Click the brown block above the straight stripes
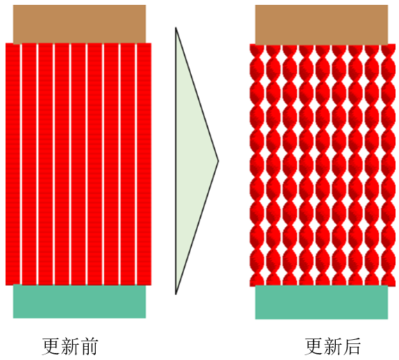[79, 24]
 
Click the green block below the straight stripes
[79, 301]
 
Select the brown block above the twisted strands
[322, 25]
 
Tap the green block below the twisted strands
[322, 302]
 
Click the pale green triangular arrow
[189, 161]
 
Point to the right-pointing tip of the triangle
[218, 161]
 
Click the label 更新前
[70, 346]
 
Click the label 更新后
[333, 346]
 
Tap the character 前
[89, 346]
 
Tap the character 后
[352, 346]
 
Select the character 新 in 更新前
[70, 346]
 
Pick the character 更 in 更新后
[314, 346]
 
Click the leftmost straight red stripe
[12, 164]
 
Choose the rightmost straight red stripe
[144, 164]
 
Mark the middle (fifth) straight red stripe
[78, 164]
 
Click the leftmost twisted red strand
[257, 165]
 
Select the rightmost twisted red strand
[389, 165]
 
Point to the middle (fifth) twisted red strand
[323, 165]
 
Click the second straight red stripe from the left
[29, 164]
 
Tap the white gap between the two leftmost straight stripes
[21, 164]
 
